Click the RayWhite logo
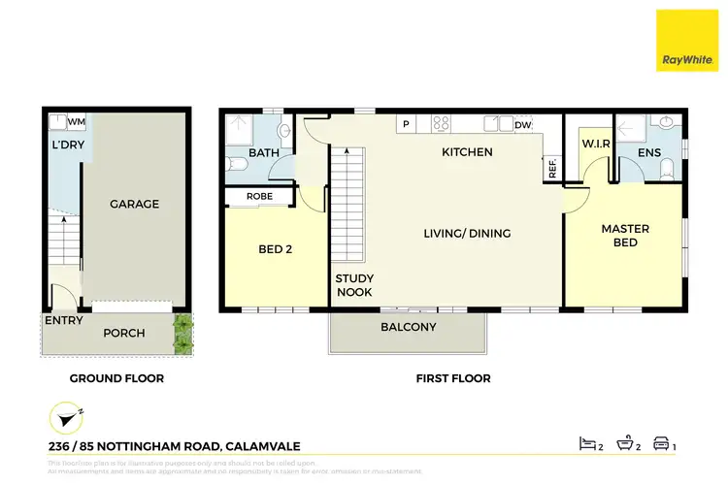click(688, 41)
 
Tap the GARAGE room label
click(134, 204)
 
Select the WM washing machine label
click(77, 121)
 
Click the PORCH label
click(124, 333)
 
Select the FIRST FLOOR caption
click(451, 378)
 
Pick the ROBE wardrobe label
click(259, 197)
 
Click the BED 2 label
click(276, 249)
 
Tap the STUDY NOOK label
click(354, 285)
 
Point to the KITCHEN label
click(467, 152)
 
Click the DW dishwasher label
click(522, 125)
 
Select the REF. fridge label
click(551, 168)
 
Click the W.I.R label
click(594, 145)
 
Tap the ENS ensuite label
click(649, 152)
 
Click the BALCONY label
click(408, 327)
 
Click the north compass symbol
click(64, 418)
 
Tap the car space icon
click(660, 443)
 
